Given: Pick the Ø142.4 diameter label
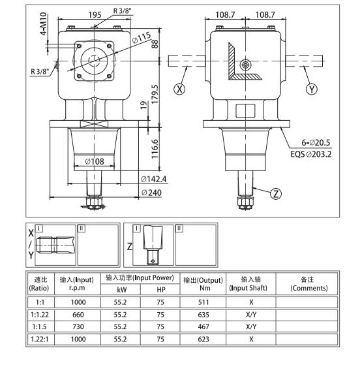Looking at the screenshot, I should pyautogui.click(x=155, y=178).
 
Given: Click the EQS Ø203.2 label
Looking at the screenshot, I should pyautogui.click(x=312, y=154).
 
